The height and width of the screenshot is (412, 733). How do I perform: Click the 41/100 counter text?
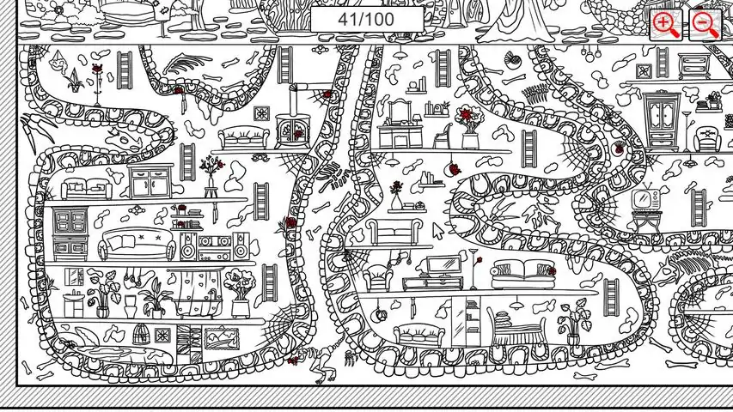(366, 19)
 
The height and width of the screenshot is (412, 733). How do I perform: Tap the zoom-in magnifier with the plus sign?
(666, 24)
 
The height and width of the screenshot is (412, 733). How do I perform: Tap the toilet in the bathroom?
(130, 306)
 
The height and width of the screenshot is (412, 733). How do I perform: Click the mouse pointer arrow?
(437, 231)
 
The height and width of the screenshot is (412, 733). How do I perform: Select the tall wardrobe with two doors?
(662, 118)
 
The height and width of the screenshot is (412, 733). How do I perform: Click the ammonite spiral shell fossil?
(511, 60)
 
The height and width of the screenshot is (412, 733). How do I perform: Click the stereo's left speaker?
(187, 246)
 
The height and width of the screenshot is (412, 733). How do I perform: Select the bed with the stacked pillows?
(516, 327)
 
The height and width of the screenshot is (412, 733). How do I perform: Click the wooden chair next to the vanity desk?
(443, 136)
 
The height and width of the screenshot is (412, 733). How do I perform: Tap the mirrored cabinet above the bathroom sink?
(74, 276)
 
